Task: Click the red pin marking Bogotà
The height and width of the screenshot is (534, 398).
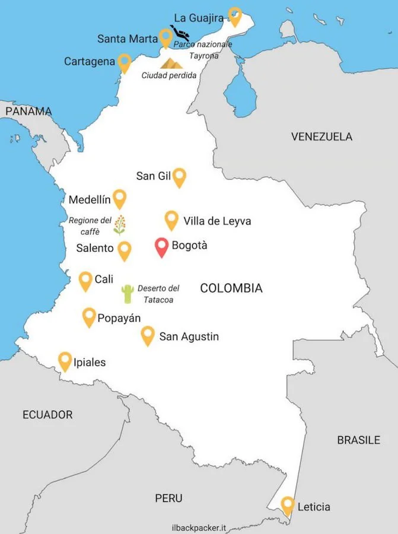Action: tap(161, 246)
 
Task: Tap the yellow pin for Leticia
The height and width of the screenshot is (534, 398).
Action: tap(288, 505)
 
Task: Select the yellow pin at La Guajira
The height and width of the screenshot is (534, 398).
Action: tap(235, 15)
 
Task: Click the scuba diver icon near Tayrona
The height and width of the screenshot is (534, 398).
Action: tap(179, 33)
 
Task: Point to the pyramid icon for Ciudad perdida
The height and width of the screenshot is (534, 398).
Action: tap(171, 62)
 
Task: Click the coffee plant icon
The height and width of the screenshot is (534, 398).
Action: tap(120, 225)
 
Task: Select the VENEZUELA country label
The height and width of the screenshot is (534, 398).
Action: tap(321, 137)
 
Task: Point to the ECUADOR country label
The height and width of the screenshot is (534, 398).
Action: tap(47, 415)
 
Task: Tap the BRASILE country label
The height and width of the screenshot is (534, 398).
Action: tap(358, 440)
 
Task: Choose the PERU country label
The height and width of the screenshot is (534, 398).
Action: tap(169, 498)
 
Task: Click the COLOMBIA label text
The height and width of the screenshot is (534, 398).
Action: tap(231, 288)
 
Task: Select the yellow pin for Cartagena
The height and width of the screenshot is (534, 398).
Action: tap(125, 62)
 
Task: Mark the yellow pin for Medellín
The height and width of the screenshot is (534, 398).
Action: tap(120, 198)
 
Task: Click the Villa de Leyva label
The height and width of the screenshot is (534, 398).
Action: tap(217, 221)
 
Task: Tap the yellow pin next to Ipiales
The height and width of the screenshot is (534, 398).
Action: tap(65, 360)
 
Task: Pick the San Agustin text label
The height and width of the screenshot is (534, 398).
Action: tap(189, 337)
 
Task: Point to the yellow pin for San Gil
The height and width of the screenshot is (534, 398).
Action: tap(179, 176)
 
